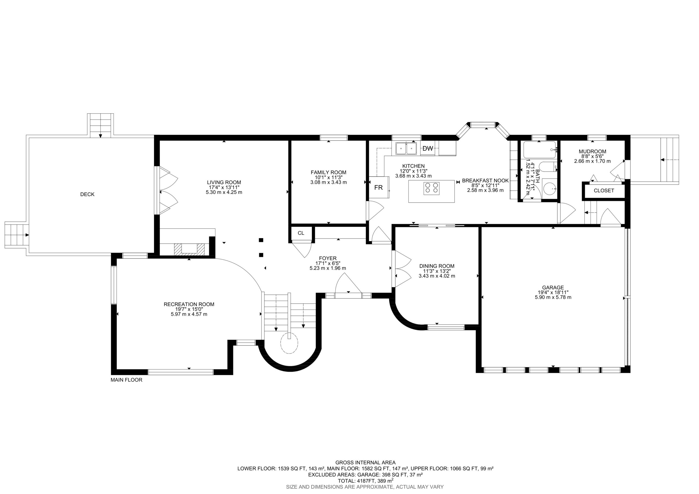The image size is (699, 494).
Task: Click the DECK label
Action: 87,194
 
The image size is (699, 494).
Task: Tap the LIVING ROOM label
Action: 224,182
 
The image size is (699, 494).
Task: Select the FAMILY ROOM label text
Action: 328,172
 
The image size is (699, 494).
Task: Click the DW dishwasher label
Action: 428,149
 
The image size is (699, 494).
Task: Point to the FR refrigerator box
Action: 379,187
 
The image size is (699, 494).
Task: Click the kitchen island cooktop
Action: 431,188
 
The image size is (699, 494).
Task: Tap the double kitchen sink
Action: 406,149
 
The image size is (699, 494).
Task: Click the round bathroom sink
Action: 550,189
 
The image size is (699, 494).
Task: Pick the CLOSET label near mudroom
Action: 604,191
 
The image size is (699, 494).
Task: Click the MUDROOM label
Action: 592,151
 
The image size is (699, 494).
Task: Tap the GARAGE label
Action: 553,287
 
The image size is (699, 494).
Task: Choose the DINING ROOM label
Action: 437,266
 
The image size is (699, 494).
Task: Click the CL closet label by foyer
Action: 301,233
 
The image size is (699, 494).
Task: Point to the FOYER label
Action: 328,258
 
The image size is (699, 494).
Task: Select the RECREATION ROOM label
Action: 189,304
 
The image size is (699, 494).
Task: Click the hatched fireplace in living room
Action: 189,249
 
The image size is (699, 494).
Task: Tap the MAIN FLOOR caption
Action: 126,380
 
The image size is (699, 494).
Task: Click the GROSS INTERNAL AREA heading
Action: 365,463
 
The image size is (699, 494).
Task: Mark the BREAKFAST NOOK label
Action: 485,181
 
